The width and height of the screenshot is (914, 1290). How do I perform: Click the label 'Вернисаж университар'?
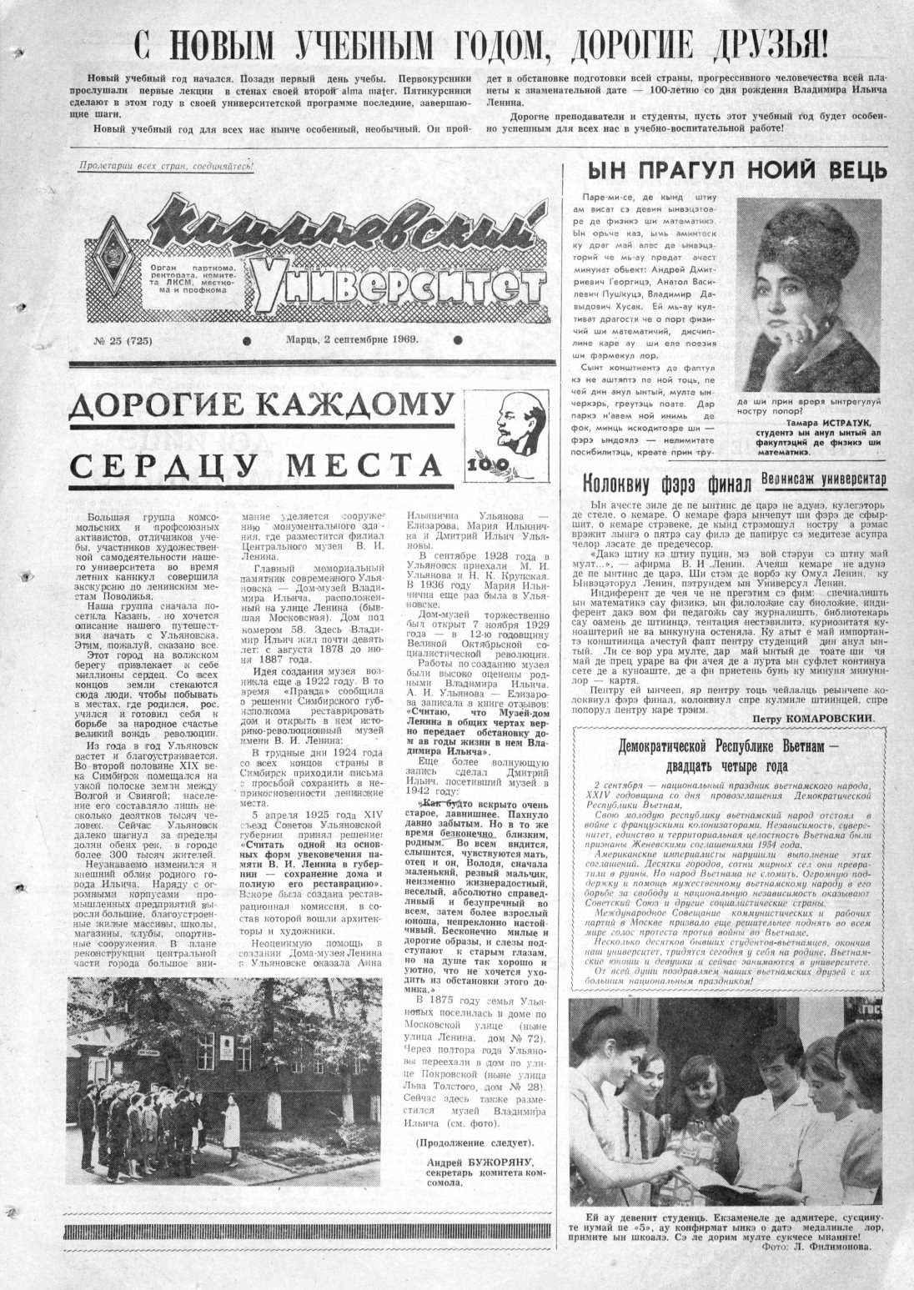(823, 479)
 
